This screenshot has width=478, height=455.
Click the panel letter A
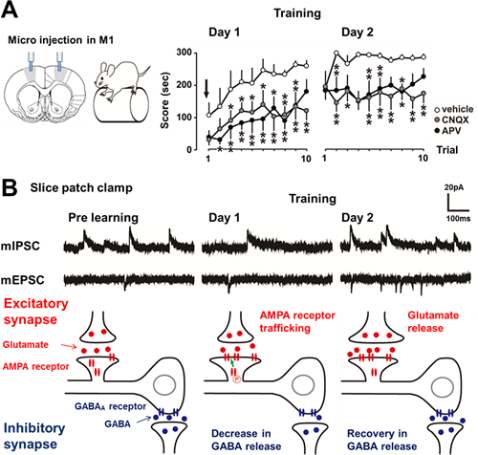[x=10, y=10]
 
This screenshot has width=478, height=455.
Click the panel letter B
[x=10, y=188]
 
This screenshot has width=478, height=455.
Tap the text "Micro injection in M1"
[x=60, y=40]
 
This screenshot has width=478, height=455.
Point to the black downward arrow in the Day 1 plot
[x=206, y=89]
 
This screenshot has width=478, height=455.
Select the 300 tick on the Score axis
[x=185, y=53]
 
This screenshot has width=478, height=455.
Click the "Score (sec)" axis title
[x=164, y=101]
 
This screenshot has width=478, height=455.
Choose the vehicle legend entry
[x=454, y=109]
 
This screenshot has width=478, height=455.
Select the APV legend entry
[x=447, y=131]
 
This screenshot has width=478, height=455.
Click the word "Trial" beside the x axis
[x=447, y=150]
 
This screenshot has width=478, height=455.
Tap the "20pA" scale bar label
[x=454, y=187]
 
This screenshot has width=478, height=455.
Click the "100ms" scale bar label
[x=458, y=219]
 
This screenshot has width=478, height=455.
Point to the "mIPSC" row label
[x=20, y=247]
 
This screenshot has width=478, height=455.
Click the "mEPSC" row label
[x=23, y=280]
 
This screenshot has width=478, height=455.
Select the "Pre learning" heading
[x=103, y=218]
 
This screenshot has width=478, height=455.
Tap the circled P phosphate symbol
[x=237, y=379]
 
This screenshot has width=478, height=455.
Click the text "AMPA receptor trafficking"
[x=297, y=322]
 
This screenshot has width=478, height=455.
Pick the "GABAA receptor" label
[x=110, y=406]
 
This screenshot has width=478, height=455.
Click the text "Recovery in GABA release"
[x=381, y=440]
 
